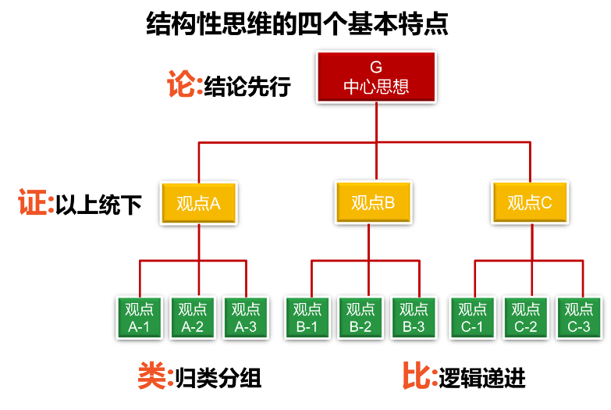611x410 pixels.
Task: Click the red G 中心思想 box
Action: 376,77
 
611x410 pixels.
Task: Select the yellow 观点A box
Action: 199,203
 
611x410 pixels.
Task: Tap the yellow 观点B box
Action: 373,203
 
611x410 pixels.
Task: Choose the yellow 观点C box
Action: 530,202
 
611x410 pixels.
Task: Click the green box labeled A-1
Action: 139,317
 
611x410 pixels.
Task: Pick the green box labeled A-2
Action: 193,317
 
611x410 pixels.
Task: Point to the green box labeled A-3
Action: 246,317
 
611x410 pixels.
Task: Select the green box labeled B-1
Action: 307,317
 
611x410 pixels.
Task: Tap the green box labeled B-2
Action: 361,317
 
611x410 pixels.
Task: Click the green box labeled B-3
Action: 414,317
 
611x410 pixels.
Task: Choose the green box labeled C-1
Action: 472,317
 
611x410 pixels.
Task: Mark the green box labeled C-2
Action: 525,317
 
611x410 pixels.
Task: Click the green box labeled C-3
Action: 579,317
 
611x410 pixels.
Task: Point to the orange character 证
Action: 33,202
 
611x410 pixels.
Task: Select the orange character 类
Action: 152,376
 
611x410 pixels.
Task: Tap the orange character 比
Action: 417,376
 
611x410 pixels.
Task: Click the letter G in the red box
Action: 376,68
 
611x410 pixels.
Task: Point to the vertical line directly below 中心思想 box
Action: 376,122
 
